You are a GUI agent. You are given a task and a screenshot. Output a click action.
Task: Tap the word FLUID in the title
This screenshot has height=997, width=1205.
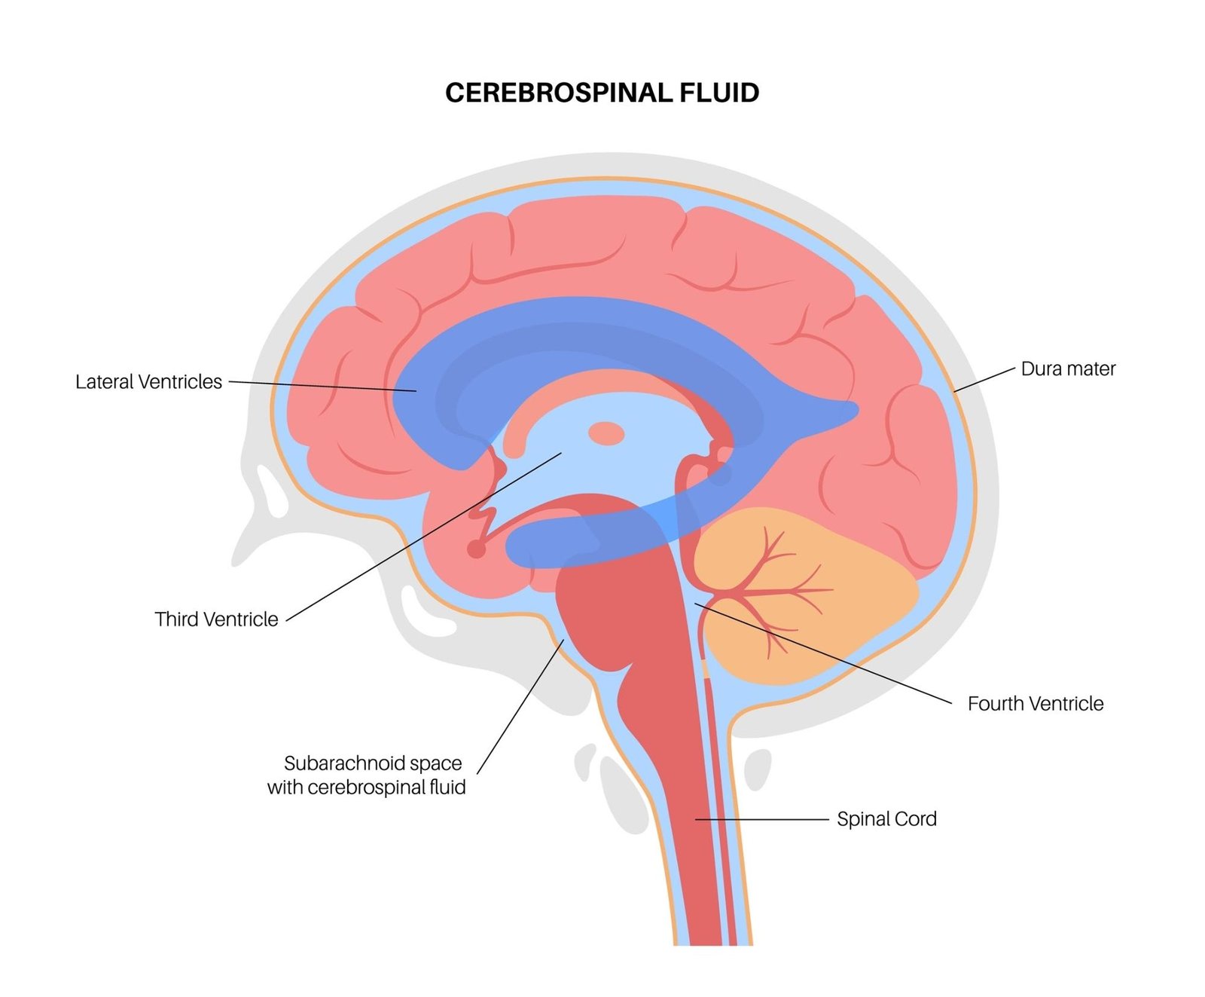point(719,93)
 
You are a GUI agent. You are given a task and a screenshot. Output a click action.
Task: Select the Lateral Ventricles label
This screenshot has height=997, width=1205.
point(148,382)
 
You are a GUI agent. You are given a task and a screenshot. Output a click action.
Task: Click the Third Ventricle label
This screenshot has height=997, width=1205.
point(216,619)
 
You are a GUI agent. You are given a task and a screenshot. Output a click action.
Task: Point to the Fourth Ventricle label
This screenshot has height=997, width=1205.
point(1036,704)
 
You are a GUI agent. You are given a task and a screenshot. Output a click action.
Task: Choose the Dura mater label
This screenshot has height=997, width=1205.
point(1068,369)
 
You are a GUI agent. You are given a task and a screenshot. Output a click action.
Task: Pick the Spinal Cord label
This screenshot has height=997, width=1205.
point(886,819)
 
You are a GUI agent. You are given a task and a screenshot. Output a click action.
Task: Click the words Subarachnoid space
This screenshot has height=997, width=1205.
point(373,763)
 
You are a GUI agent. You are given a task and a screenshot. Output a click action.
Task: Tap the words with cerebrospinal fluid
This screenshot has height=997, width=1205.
point(366,788)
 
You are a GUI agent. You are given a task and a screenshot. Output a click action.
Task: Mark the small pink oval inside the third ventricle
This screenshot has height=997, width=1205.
point(606,434)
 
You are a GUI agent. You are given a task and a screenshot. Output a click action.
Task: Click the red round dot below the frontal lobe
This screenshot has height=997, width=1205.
point(476,549)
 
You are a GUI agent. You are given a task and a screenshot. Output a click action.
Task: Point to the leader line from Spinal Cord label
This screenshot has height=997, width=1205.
point(761,819)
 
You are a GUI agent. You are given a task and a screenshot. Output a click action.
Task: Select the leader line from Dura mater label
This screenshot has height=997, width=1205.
point(985,380)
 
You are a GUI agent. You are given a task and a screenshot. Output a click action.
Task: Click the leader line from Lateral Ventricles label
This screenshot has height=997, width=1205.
point(324,387)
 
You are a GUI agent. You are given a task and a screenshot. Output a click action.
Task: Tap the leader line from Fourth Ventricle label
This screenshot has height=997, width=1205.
point(828,655)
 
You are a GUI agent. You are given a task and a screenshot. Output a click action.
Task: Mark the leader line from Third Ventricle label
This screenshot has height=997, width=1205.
point(422,537)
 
